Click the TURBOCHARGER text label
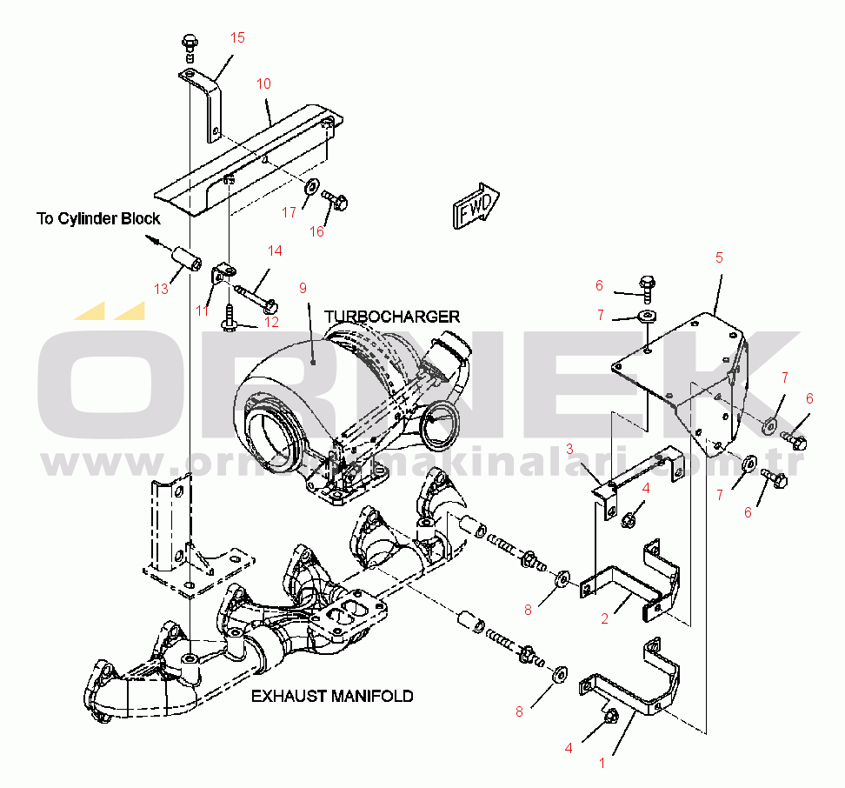[392, 316]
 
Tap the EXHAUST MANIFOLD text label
[332, 696]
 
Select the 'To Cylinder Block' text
[98, 218]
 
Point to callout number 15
[237, 37]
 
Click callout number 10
[263, 83]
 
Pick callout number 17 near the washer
[289, 211]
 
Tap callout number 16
[317, 231]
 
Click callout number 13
[161, 289]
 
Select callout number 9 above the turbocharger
[303, 286]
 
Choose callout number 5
[719, 257]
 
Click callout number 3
[569, 449]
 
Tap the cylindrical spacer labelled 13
[187, 259]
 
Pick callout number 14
[275, 250]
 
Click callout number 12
[271, 322]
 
